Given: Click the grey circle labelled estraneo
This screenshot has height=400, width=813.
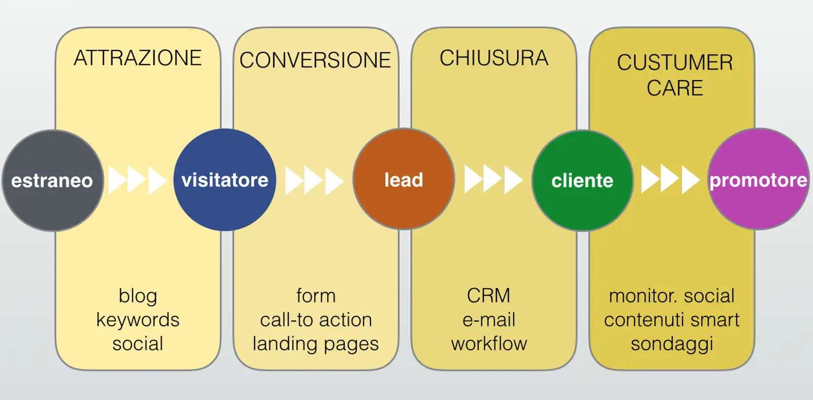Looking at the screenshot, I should point(52,180).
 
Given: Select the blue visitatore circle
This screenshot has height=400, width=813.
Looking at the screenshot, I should point(225,180).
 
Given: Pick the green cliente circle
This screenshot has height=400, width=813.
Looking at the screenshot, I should point(582,180).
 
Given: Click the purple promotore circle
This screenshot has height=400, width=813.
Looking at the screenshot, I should point(758,180).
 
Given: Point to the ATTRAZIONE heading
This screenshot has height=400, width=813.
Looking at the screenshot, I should point(138,58).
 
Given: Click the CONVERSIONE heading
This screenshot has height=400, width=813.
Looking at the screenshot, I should point(315,60).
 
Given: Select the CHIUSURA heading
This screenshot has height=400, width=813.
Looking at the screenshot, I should point(494,58).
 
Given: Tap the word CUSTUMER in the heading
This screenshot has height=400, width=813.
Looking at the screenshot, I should point(675,62).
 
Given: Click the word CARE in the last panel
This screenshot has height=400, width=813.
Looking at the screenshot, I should point(675,88).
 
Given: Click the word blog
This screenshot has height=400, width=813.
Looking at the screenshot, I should point(138,296).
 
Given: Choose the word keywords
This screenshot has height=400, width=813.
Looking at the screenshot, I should point(138,320).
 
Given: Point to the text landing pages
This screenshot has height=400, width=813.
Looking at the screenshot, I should point(316,344).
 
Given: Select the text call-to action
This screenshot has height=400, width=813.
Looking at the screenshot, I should point(316,320).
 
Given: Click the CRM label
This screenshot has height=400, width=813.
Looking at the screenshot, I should point(488,295).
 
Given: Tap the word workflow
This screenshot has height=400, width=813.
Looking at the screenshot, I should point(489,344).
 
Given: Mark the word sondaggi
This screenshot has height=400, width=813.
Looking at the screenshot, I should point(672,344).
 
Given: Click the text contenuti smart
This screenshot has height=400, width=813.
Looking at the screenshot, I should point(672,320).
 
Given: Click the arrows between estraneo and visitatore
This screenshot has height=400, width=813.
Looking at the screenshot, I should point(137,180).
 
